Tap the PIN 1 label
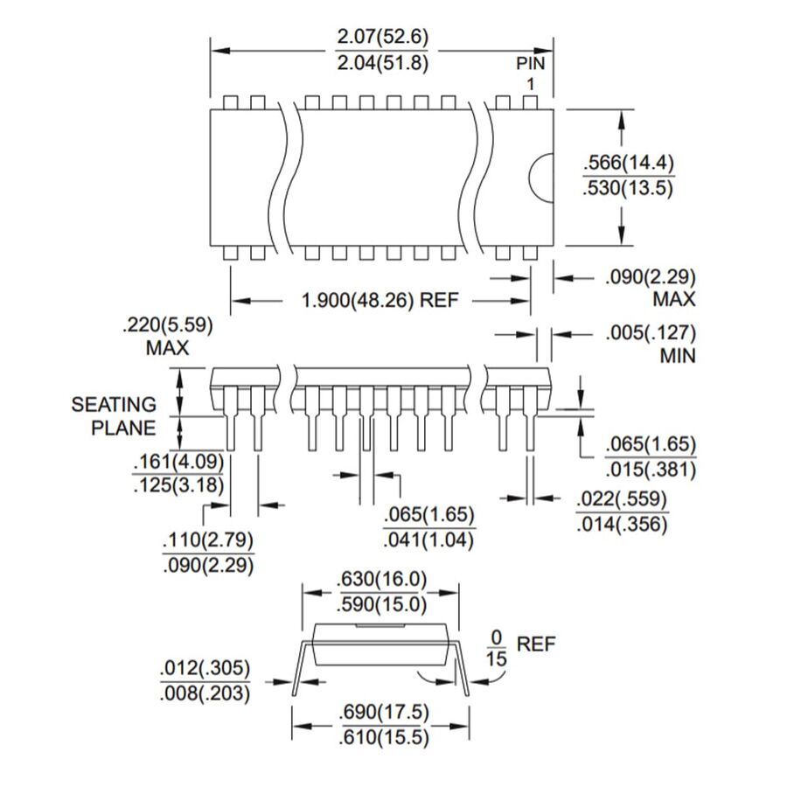531,73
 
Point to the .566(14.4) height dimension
628,164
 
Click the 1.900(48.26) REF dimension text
380,301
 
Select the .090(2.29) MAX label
650,288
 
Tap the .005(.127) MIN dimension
650,344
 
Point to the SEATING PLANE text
114,415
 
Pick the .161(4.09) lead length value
178,462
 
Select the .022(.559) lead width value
622,500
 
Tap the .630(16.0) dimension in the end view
381,580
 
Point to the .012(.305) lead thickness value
204,671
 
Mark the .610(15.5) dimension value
383,737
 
